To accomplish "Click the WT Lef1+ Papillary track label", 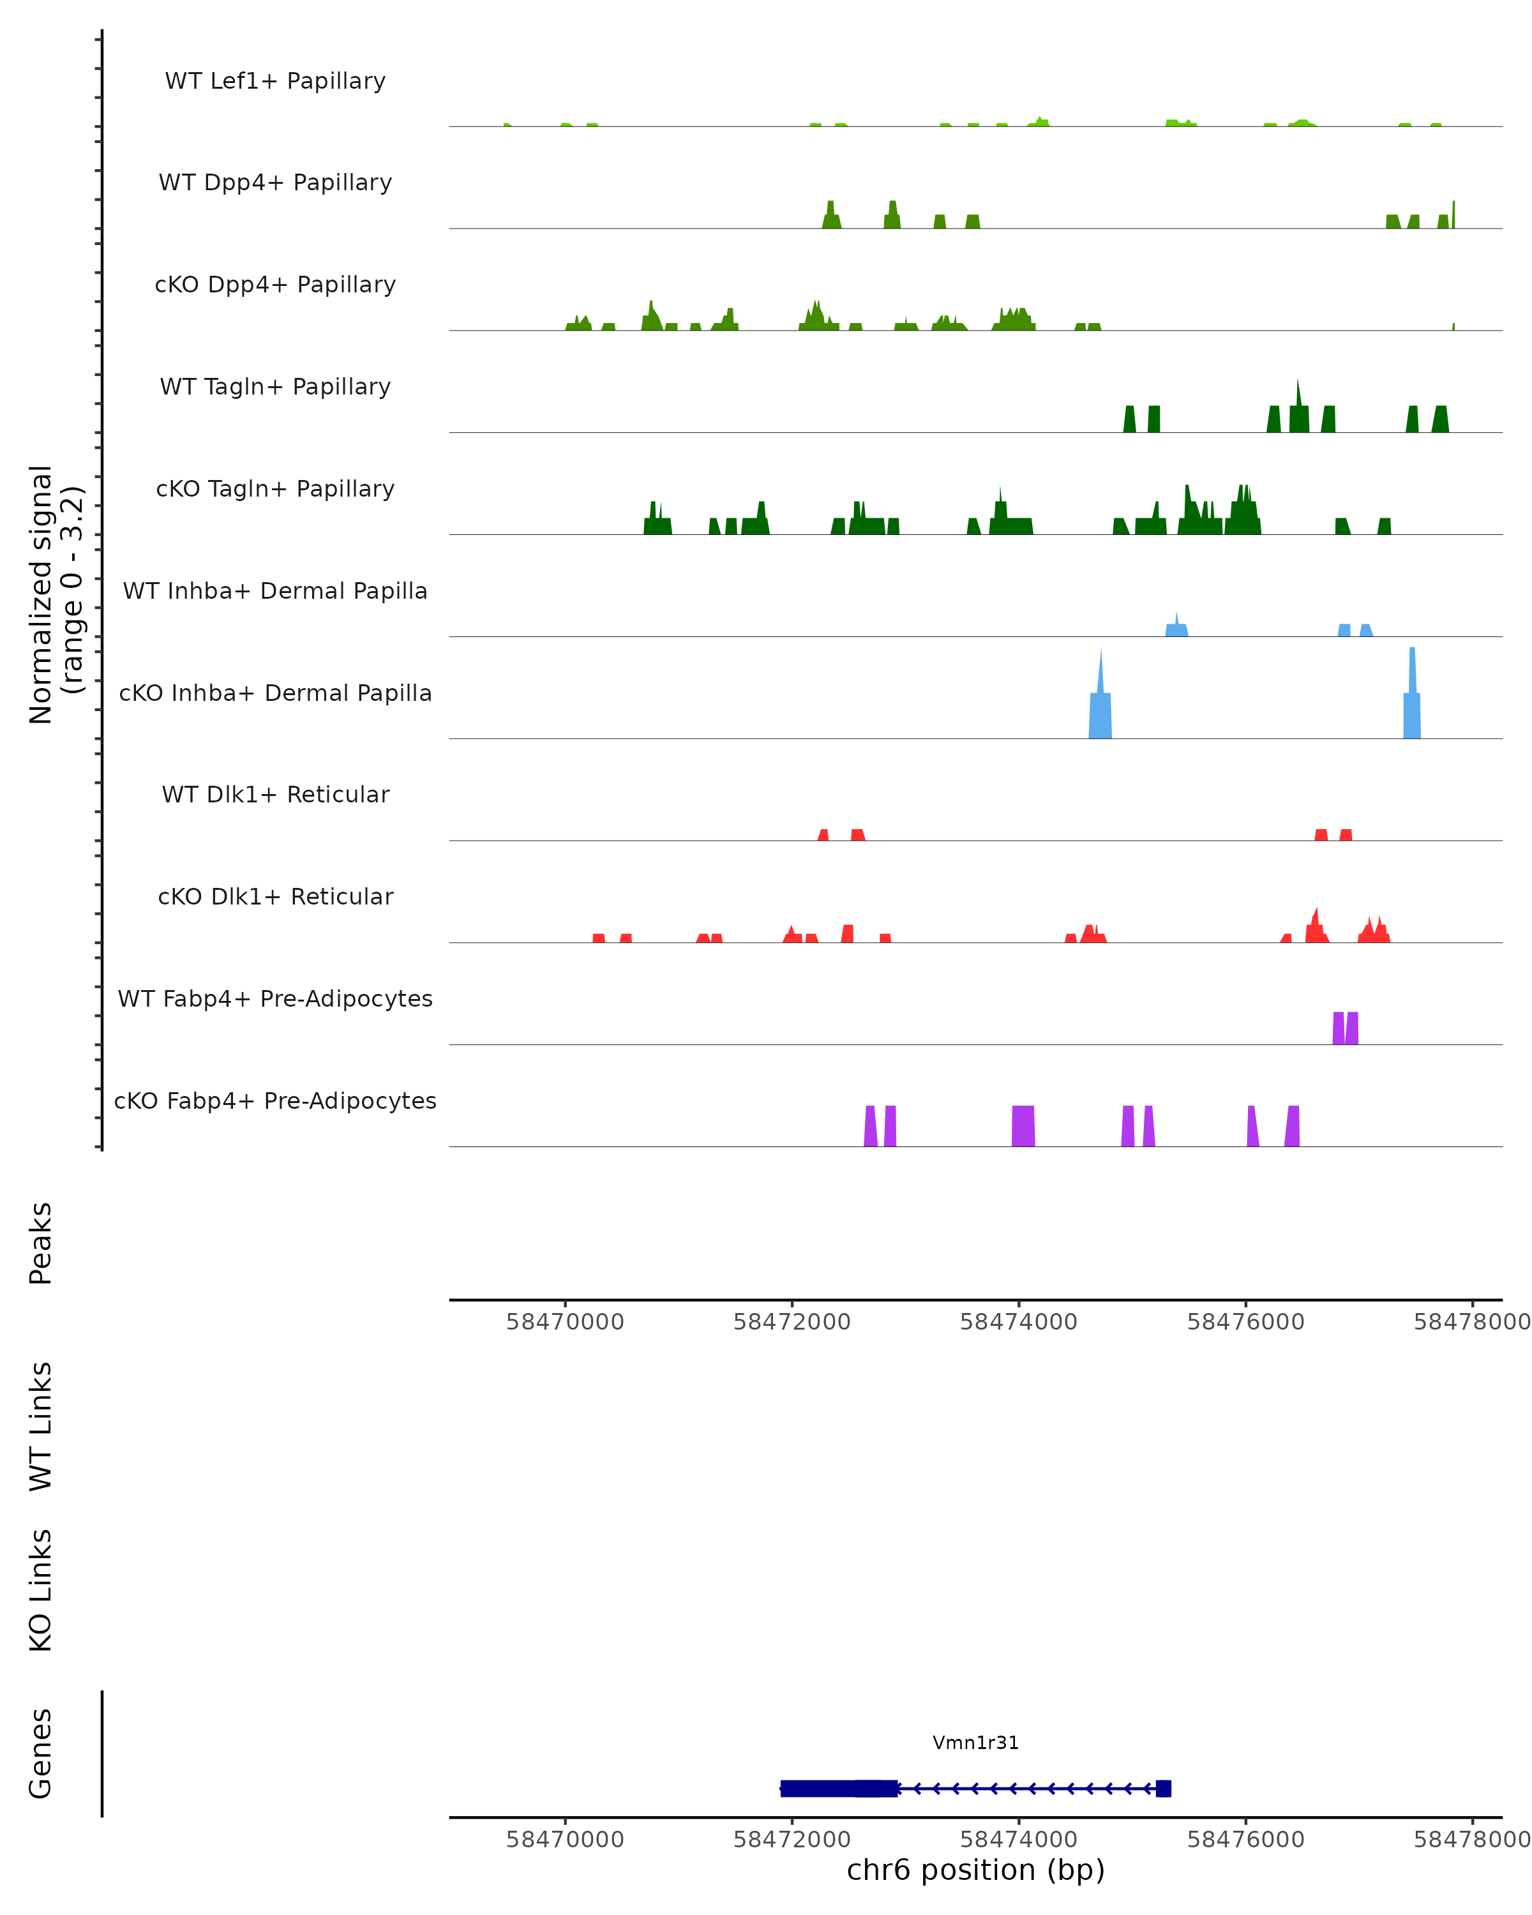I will pyautogui.click(x=275, y=81).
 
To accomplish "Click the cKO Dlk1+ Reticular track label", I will pyautogui.click(x=275, y=896).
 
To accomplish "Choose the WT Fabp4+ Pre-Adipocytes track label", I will pyautogui.click(x=275, y=998).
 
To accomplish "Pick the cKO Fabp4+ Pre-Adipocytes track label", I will pyautogui.click(x=275, y=1100).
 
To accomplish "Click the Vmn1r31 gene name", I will pyautogui.click(x=975, y=1742).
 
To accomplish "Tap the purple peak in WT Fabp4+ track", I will pyautogui.click(x=1344, y=1028).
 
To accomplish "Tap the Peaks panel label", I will pyautogui.click(x=41, y=1243).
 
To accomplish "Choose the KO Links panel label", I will pyautogui.click(x=41, y=1590).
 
